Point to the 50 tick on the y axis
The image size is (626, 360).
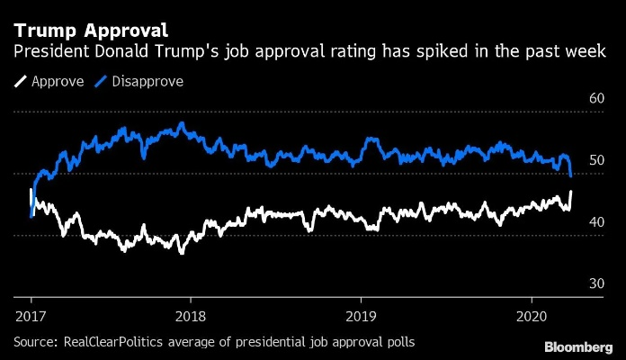(x=595, y=160)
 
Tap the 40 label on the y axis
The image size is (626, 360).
(x=595, y=222)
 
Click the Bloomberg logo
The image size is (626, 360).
(x=579, y=346)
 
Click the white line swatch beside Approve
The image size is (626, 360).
(x=20, y=82)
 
